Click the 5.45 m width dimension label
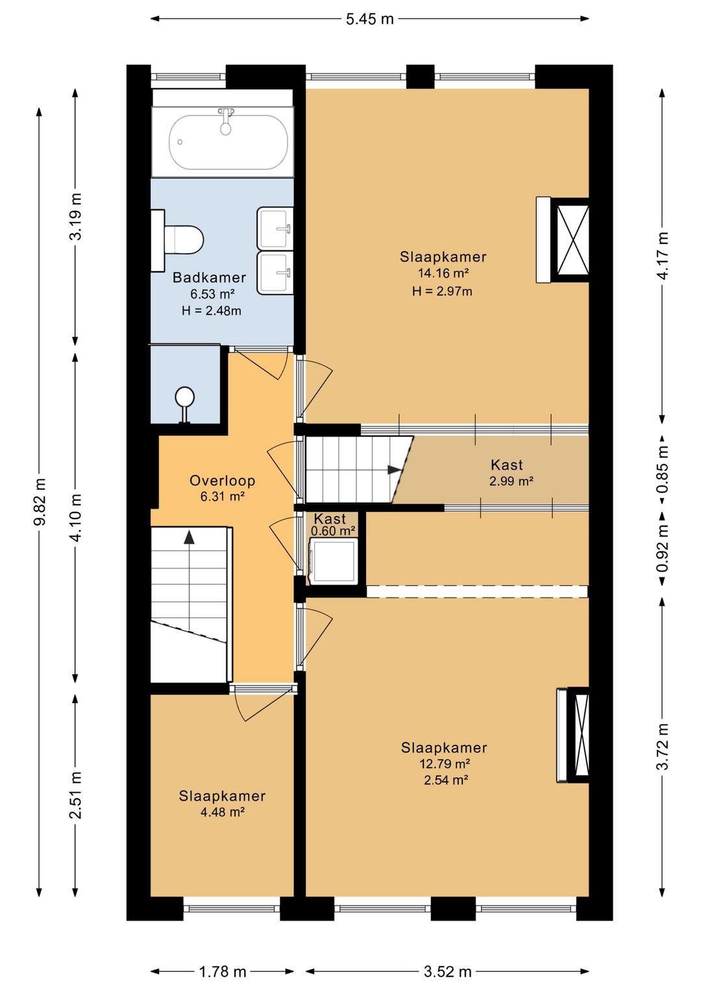click(x=370, y=19)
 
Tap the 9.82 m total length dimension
click(x=40, y=501)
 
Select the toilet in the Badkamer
click(x=177, y=240)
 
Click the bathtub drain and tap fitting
click(x=226, y=121)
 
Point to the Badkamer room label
click(x=209, y=277)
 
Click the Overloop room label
click(x=223, y=481)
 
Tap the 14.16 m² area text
click(x=443, y=272)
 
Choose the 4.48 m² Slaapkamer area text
click(x=223, y=812)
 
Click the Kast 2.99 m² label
click(x=511, y=472)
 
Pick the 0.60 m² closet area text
click(x=334, y=531)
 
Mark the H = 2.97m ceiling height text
click(x=442, y=291)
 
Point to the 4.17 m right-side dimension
click(x=663, y=256)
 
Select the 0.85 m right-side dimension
click(x=663, y=470)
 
